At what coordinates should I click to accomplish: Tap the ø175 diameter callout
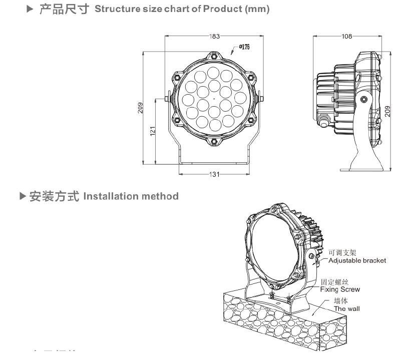tap(244, 47)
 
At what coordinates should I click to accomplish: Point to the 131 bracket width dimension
tap(214, 174)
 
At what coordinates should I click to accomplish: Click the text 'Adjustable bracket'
tap(357, 261)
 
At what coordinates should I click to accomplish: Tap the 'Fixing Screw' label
tap(340, 289)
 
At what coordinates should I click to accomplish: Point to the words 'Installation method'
tap(131, 196)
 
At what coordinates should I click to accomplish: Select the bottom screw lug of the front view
tap(215, 141)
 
